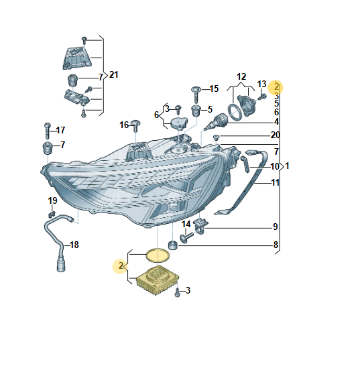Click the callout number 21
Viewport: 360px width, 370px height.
(113, 75)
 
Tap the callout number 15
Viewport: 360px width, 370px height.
(214, 88)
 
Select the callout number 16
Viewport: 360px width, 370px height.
(124, 125)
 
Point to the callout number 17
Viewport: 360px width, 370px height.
(60, 130)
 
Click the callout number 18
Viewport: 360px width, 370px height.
(74, 245)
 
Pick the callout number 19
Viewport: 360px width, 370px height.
(52, 200)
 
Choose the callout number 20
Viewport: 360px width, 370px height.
(276, 135)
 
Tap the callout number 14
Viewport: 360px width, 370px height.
(186, 224)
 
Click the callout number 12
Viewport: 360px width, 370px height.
(241, 76)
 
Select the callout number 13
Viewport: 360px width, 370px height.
(261, 84)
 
